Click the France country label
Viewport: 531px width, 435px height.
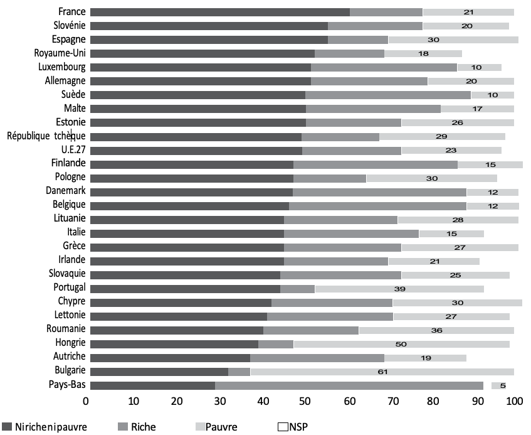(72, 11)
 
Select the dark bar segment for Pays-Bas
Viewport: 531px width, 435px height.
(152, 385)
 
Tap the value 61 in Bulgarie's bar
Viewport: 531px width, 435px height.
(382, 372)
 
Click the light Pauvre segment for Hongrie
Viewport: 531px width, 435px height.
(401, 343)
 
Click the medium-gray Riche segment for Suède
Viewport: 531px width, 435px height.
(387, 95)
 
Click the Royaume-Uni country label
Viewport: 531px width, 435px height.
(61, 53)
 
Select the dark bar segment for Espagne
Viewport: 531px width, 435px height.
(209, 40)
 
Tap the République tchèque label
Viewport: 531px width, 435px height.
(46, 136)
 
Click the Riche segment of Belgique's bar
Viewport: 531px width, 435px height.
(377, 205)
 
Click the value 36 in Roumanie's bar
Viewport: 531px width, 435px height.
(436, 330)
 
